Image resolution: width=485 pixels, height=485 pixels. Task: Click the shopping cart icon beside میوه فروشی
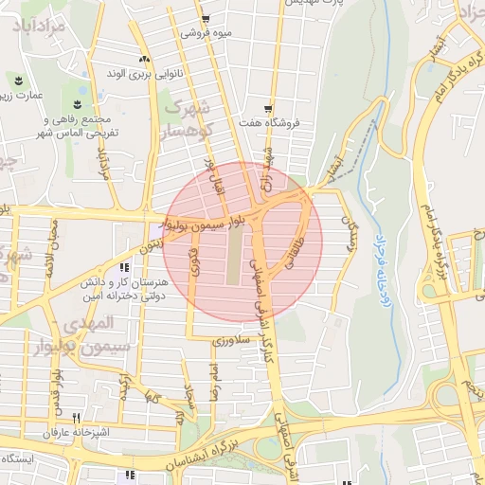[206, 19]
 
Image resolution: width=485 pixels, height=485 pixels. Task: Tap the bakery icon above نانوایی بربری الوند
[143, 59]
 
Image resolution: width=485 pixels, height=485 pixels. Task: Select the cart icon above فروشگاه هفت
[269, 108]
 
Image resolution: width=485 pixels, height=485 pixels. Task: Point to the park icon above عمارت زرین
[16, 79]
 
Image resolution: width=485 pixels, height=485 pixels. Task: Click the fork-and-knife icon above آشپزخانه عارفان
[75, 417]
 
